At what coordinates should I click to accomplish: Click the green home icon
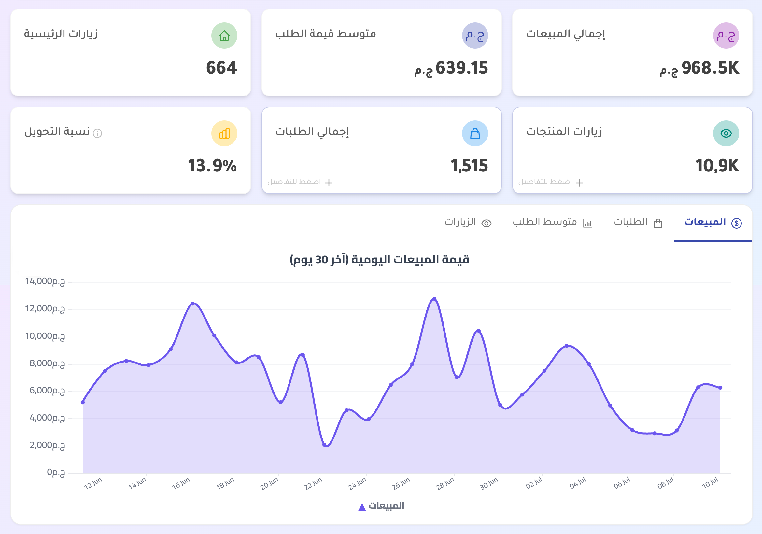[224, 36]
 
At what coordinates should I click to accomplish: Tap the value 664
[221, 68]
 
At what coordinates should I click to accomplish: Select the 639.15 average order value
[461, 68]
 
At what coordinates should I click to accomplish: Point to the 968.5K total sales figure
[710, 68]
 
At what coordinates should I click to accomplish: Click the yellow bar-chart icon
[224, 133]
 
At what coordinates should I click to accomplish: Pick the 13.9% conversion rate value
[212, 166]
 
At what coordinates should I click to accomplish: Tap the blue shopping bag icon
[475, 133]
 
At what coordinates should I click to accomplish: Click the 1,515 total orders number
[469, 166]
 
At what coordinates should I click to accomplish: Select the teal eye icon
[726, 133]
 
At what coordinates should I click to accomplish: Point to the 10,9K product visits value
[717, 166]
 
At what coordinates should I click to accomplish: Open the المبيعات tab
[713, 222]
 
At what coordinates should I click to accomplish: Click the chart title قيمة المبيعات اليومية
[379, 260]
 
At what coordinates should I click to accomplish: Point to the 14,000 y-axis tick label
[45, 281]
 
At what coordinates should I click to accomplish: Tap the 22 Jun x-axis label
[313, 484]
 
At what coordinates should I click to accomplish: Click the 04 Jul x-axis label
[578, 483]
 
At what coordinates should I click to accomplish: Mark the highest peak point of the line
[434, 299]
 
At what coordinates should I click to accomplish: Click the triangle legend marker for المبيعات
[362, 507]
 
